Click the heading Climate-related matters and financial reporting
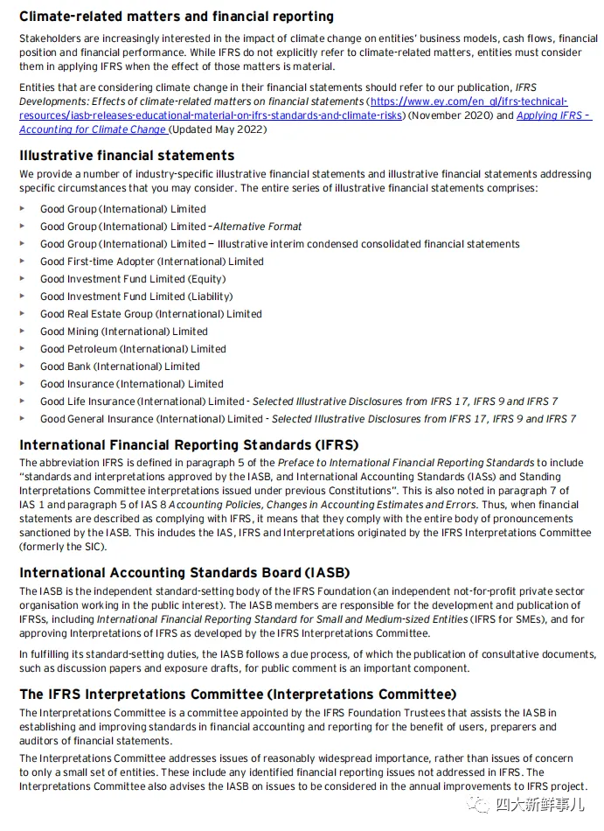[x=177, y=17]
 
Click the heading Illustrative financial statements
[x=127, y=155]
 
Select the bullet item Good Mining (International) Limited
[x=123, y=332]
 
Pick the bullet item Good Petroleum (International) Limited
[x=133, y=349]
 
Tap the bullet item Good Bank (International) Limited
[x=120, y=367]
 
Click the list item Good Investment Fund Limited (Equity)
[x=132, y=279]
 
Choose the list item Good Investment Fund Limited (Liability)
[x=135, y=297]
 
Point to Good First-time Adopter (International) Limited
[x=151, y=262]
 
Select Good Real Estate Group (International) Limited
[x=150, y=314]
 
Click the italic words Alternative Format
[x=258, y=227]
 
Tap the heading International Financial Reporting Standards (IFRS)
[x=189, y=444]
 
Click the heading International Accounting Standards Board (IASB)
[x=184, y=573]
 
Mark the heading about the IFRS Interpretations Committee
[x=238, y=695]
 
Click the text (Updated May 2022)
[x=218, y=129]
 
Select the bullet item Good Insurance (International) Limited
[x=131, y=384]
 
